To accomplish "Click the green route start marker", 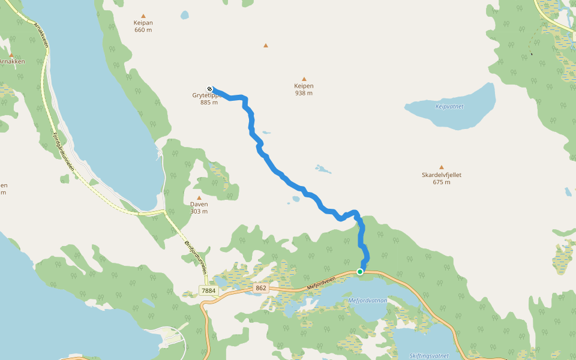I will coord(360,272).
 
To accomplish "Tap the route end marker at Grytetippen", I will coord(209,89).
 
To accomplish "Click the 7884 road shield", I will coord(208,290).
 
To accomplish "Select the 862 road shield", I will coord(260,288).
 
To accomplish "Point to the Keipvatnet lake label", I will coord(449,106).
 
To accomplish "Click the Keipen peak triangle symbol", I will coord(304,79).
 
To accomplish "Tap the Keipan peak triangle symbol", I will coord(143,16).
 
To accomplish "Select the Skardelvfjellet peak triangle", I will coord(442,167).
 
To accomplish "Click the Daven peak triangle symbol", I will coord(199,197).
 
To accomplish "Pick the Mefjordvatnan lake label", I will coord(368,300).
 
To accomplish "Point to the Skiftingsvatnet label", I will coord(428,355).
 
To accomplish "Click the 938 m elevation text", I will coord(304,93).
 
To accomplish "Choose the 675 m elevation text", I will coord(442,182).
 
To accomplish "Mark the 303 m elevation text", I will coord(199,211).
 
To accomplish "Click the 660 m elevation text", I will coord(143,30).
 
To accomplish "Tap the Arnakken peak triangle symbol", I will coord(11,55).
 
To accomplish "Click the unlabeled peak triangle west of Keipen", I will coord(266,45).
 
